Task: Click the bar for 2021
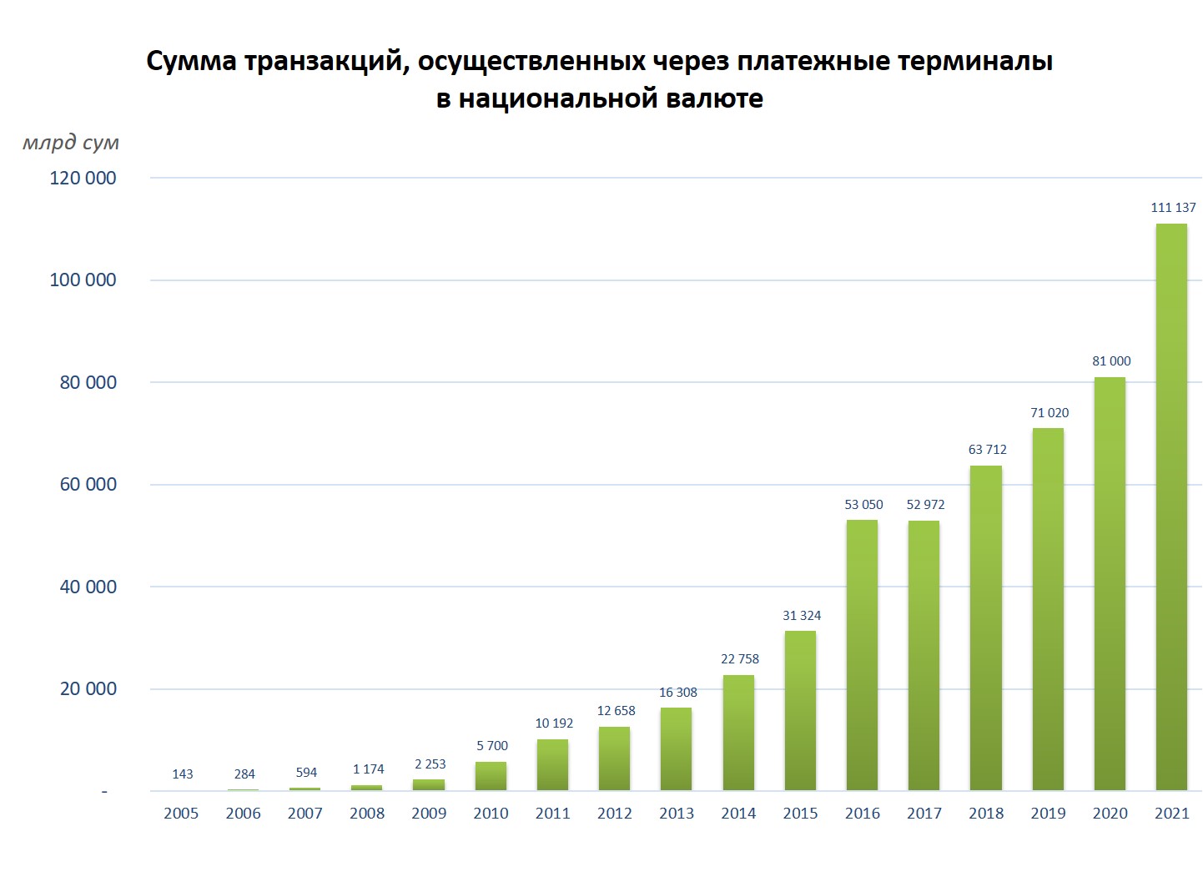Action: (1171, 507)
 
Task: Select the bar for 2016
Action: (862, 655)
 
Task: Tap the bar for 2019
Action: (1048, 609)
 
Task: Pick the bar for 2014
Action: (738, 733)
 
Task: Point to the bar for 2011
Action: (552, 764)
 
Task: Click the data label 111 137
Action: (1173, 208)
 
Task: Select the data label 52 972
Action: (925, 505)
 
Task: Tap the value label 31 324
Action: (802, 616)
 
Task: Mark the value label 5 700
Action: (492, 746)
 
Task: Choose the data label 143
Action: (183, 774)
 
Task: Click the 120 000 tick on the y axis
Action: (83, 178)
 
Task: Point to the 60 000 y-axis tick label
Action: (88, 485)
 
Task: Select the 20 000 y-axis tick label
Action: (88, 689)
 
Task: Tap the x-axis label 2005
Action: (181, 814)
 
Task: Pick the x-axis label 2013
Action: (677, 814)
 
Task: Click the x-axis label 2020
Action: (1110, 814)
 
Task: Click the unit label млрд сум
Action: (71, 143)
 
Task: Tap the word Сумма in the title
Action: (191, 61)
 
